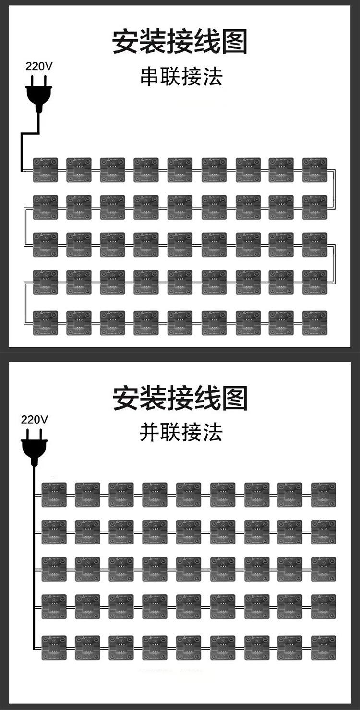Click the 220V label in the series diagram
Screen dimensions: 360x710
(39, 67)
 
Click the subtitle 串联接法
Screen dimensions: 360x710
(181, 77)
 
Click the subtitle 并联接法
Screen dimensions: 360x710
(181, 432)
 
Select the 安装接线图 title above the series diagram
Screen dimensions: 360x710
(180, 42)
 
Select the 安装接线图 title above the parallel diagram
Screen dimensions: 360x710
(180, 398)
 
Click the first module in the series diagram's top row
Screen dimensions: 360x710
(45, 170)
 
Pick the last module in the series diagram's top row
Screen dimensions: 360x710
(315, 170)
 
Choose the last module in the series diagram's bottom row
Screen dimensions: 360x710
(315, 323)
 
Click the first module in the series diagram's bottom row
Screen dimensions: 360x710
(45, 323)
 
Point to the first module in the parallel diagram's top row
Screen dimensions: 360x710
(54, 495)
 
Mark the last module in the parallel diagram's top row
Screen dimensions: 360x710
(324, 495)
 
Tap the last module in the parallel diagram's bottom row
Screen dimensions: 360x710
(324, 647)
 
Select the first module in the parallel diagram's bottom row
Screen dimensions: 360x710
(54, 647)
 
